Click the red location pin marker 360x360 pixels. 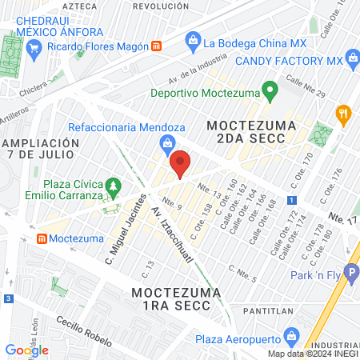click(x=180, y=163)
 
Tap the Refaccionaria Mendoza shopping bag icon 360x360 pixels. click(x=166, y=143)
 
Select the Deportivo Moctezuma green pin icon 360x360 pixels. click(x=270, y=89)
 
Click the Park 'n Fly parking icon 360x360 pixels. click(x=350, y=272)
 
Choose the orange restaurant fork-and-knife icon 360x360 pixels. click(x=344, y=114)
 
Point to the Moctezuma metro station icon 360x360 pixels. click(x=42, y=238)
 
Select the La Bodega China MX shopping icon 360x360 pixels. click(x=192, y=39)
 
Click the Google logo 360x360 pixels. click(x=26, y=350)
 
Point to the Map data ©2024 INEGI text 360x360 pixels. click(x=311, y=353)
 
